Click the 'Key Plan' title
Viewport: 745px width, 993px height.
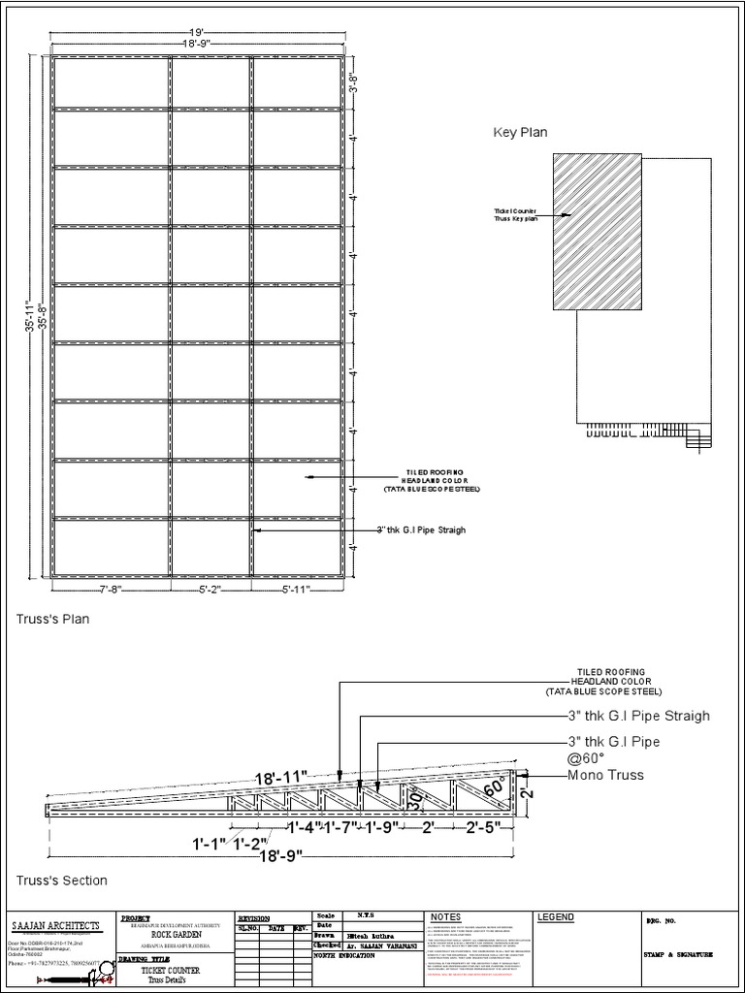click(x=521, y=133)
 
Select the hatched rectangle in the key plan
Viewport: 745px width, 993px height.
click(x=597, y=231)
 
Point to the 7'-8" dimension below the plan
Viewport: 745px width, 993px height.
click(x=110, y=589)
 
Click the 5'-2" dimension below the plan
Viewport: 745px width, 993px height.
click(x=211, y=589)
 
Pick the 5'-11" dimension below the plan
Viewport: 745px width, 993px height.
click(x=298, y=589)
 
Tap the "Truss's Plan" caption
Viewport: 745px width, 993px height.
click(x=52, y=620)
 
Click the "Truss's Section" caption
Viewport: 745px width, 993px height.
click(x=61, y=881)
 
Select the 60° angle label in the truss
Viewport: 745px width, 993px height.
click(x=493, y=786)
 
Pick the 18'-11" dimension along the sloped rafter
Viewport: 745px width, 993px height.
click(x=281, y=778)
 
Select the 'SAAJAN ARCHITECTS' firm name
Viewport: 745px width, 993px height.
click(x=55, y=925)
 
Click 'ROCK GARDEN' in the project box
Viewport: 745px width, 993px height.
click(x=177, y=934)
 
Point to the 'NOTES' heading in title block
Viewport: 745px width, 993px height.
click(x=447, y=917)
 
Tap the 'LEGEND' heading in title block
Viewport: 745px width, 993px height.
click(x=556, y=917)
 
